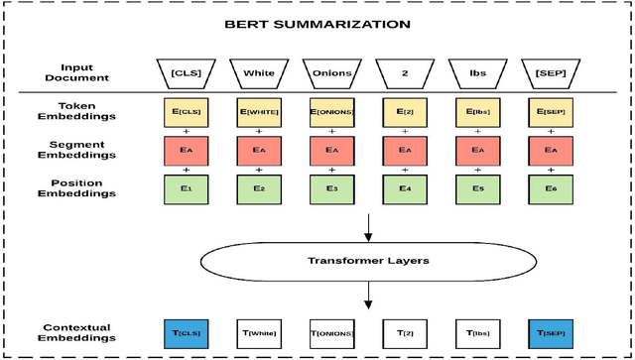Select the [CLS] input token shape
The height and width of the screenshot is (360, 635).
[187, 71]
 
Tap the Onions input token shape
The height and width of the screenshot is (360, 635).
[332, 71]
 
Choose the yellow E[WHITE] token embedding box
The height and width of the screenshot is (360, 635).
[260, 112]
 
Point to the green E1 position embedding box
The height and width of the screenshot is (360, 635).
[187, 187]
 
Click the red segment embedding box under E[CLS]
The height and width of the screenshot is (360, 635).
[187, 150]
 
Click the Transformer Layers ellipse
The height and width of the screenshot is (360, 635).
[369, 261]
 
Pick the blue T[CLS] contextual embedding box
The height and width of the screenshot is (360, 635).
[187, 334]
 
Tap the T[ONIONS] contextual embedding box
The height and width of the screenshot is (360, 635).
[332, 334]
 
